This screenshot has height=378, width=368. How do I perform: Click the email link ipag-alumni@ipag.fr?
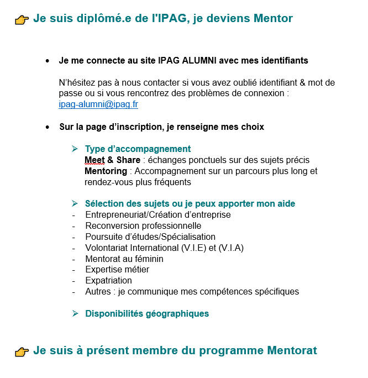point(98,104)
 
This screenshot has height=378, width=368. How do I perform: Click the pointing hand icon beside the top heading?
point(22,20)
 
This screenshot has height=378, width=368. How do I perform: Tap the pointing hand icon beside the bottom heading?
point(22,351)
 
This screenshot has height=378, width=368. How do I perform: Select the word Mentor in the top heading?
point(273,19)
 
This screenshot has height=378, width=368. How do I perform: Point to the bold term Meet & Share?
point(112,160)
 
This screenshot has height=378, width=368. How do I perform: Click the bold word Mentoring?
point(106,171)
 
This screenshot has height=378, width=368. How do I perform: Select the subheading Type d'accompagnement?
point(138,149)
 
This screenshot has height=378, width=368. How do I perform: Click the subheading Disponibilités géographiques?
point(147,313)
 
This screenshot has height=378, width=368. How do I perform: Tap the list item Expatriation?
point(108,280)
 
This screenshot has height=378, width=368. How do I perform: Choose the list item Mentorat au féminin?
point(124,258)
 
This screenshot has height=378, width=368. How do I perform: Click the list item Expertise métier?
point(117,269)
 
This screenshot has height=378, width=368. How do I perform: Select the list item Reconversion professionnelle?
point(143,225)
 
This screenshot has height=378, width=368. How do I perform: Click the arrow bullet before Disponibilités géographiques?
point(75,313)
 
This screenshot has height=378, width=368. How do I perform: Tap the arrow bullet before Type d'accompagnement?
point(75,149)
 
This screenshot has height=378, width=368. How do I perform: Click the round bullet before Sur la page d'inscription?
point(48,127)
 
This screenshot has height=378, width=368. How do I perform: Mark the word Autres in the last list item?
point(98,291)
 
